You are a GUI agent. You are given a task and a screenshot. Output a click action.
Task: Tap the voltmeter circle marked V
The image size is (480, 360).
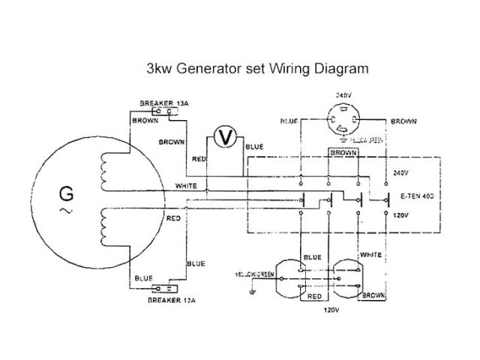(221, 136)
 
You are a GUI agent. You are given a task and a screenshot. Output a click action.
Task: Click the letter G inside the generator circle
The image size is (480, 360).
(66, 196)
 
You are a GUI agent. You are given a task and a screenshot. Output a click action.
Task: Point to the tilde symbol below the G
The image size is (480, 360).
(66, 213)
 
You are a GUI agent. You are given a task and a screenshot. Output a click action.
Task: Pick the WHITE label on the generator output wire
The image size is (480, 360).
(185, 185)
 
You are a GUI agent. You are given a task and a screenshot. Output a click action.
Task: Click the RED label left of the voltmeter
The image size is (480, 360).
(199, 159)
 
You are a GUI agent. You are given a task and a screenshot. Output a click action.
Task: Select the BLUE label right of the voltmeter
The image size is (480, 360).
(253, 147)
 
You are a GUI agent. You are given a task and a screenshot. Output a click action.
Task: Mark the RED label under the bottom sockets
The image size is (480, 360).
(315, 296)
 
